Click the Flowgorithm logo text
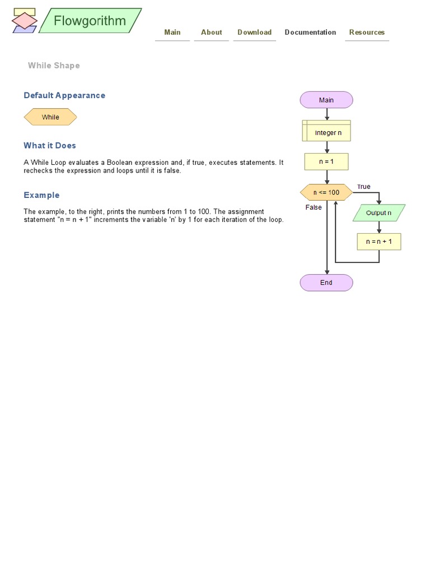[90, 21]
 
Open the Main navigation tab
[172, 33]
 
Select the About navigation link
[212, 33]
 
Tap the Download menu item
[254, 33]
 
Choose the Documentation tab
[310, 33]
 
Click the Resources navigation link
[367, 33]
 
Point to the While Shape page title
[54, 66]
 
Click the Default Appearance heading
[64, 95]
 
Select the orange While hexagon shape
[50, 117]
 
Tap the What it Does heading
[50, 146]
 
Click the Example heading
[41, 195]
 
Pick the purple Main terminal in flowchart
[326, 100]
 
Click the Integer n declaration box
[327, 133]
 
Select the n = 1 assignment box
[326, 161]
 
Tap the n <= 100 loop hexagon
[326, 193]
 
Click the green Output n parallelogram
[379, 213]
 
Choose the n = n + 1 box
[379, 242]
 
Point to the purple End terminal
[326, 283]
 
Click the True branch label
[364, 187]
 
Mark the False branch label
[314, 207]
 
